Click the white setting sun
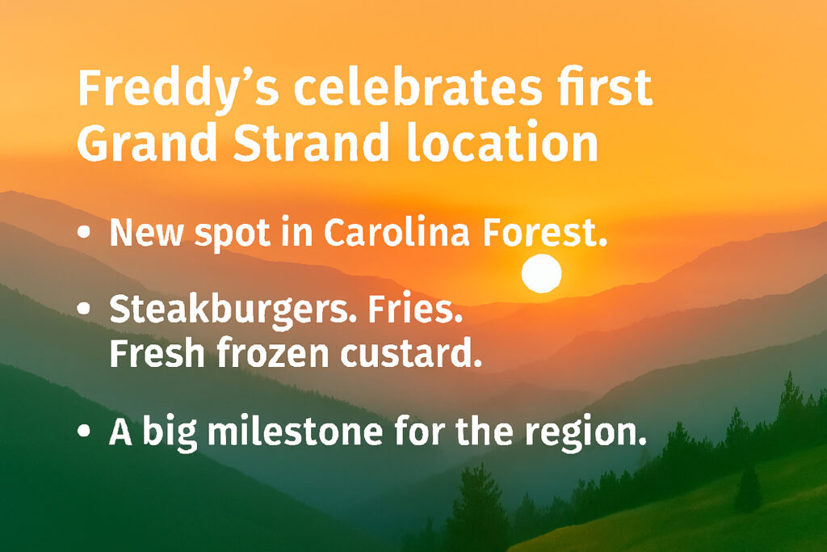click(541, 273)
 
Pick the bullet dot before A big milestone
click(85, 432)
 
